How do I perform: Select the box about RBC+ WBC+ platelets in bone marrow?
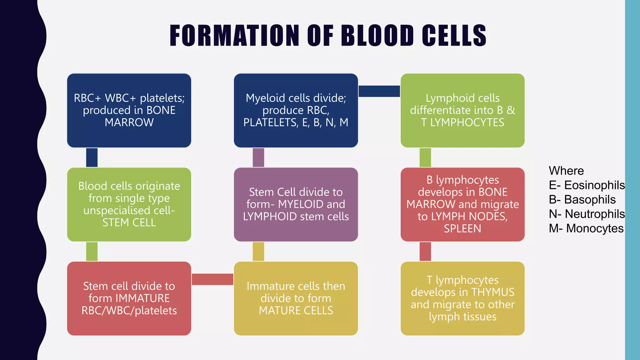point(129,110)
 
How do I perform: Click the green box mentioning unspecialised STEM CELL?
point(129,204)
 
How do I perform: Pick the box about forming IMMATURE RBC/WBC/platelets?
point(129,298)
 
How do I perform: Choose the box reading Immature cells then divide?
point(296,298)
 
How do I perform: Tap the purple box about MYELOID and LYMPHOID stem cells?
point(296,204)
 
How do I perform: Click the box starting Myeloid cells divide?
point(296,110)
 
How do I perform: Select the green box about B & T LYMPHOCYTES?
point(462,110)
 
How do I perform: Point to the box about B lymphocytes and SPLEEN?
point(462,204)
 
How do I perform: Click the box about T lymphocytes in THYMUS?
point(462,298)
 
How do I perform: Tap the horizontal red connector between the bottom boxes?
point(212,279)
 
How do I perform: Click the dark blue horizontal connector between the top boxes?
point(379,91)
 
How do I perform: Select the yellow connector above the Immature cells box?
point(258,252)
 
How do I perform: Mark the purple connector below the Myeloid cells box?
point(258,157)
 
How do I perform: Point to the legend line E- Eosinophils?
point(587,185)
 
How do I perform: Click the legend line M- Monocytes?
point(586,228)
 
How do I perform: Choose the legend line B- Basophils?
point(582,200)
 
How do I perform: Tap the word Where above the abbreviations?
point(566,171)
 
